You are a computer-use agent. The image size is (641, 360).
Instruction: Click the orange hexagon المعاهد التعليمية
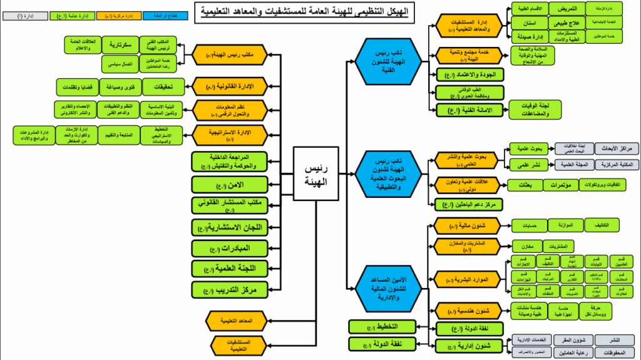click(x=235, y=320)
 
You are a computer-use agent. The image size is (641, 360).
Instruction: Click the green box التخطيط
click(x=381, y=326)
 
